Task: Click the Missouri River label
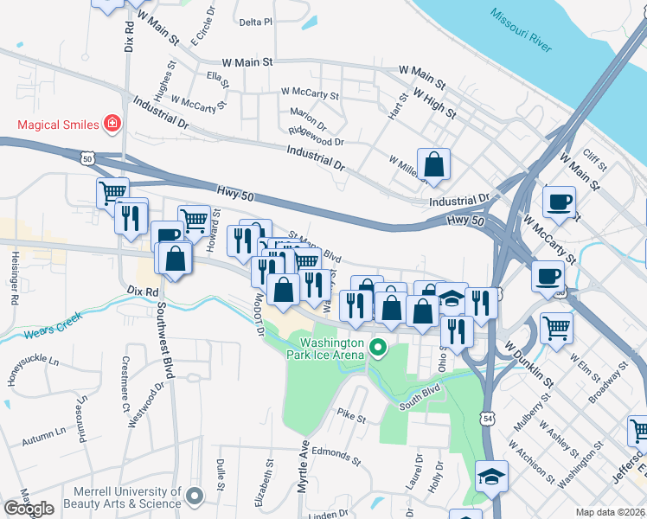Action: [521, 29]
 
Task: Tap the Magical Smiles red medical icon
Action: [112, 125]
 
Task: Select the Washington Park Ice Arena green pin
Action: [377, 349]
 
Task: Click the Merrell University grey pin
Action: [194, 497]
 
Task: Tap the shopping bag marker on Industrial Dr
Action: [433, 164]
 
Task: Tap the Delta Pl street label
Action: [255, 22]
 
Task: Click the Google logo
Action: [29, 508]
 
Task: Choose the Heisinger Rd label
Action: [15, 278]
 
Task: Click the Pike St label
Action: [351, 417]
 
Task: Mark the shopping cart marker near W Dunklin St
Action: [556, 327]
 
